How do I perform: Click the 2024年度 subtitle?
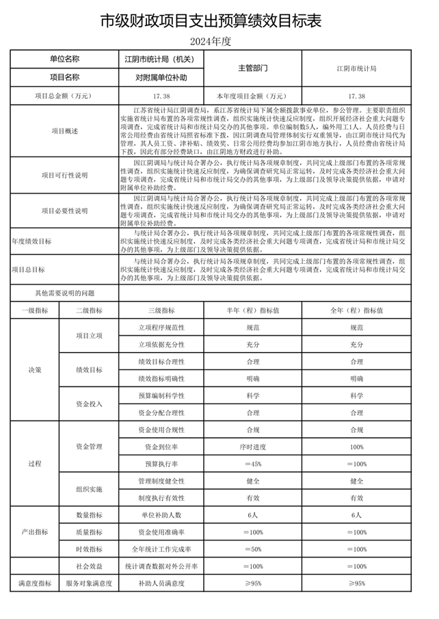click(219, 41)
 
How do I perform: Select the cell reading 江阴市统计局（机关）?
click(161, 60)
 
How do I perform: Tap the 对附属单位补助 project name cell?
click(161, 77)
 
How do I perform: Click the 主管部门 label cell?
click(252, 68)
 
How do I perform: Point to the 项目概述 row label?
click(65, 130)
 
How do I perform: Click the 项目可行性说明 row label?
click(65, 175)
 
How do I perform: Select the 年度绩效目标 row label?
click(31, 241)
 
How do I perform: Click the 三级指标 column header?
click(161, 311)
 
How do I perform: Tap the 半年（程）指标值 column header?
click(252, 311)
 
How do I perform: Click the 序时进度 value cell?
click(252, 447)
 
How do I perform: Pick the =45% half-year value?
click(252, 464)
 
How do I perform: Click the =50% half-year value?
click(252, 549)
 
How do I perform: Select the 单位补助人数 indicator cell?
click(161, 515)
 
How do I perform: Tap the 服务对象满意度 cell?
click(89, 583)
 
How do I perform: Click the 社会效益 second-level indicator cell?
click(89, 566)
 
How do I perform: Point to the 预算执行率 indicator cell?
click(161, 464)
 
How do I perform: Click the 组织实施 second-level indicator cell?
click(89, 490)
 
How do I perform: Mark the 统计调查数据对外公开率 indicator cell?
click(161, 566)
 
